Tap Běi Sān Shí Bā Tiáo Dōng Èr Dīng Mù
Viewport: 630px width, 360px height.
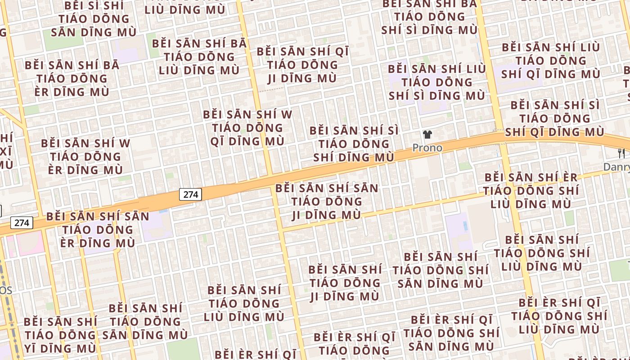point(72,78)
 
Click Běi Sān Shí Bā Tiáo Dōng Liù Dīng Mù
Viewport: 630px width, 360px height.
point(199,57)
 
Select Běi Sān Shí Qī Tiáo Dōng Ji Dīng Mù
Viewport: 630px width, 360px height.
point(302,64)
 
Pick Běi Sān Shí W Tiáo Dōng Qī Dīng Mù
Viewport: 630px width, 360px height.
point(247,127)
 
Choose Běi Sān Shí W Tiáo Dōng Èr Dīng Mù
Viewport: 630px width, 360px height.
point(85,157)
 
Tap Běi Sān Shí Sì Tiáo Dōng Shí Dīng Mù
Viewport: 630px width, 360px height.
point(354,144)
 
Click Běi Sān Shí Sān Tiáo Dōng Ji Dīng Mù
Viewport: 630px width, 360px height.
point(327,201)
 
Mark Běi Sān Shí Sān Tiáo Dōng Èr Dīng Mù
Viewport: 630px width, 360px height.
point(98,229)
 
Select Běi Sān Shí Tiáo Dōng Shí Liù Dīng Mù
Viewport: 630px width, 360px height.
point(542,252)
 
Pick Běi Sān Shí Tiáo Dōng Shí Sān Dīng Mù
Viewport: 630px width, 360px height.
point(441,270)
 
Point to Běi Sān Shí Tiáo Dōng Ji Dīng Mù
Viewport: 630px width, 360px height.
point(345,283)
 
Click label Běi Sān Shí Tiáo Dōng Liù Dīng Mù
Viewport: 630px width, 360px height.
point(244,303)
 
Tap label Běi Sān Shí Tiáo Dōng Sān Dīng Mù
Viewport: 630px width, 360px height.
point(145,321)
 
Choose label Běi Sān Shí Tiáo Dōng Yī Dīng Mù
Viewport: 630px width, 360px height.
point(60,335)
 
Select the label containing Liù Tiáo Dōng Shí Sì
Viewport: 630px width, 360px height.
point(437,82)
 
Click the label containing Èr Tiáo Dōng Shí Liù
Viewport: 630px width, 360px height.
point(531,190)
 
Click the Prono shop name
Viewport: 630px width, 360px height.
point(427,148)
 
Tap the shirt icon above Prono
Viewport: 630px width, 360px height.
point(427,135)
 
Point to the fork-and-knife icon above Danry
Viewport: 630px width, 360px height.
point(621,153)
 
